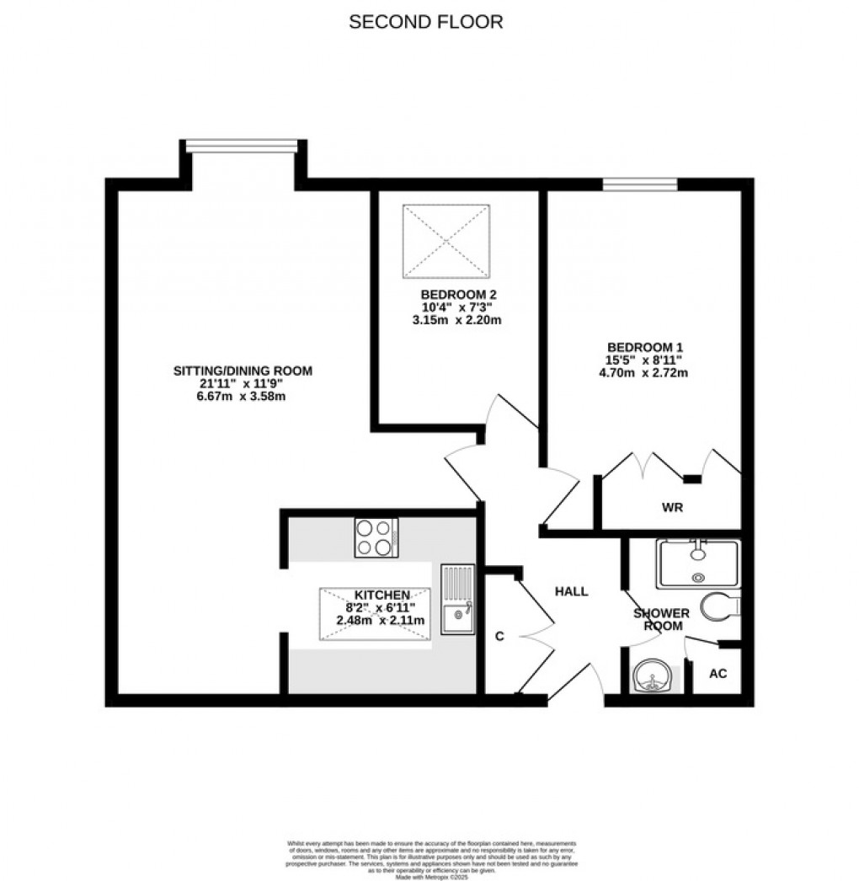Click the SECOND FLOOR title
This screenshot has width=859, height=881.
[426, 22]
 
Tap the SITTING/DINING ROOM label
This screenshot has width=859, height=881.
[243, 371]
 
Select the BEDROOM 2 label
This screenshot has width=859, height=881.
[458, 295]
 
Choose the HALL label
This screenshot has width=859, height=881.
[571, 591]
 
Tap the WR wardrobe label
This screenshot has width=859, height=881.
[672, 508]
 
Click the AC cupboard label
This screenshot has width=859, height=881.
[718, 675]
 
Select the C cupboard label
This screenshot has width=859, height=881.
[499, 637]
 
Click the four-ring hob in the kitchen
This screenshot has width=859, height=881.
[376, 537]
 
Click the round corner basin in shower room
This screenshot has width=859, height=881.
[654, 676]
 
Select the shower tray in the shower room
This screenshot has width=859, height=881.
[698, 563]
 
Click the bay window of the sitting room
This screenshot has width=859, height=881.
[243, 147]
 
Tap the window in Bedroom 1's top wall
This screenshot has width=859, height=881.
[640, 184]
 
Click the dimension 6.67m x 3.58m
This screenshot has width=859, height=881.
[243, 397]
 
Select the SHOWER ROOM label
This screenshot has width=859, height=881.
[661, 620]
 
